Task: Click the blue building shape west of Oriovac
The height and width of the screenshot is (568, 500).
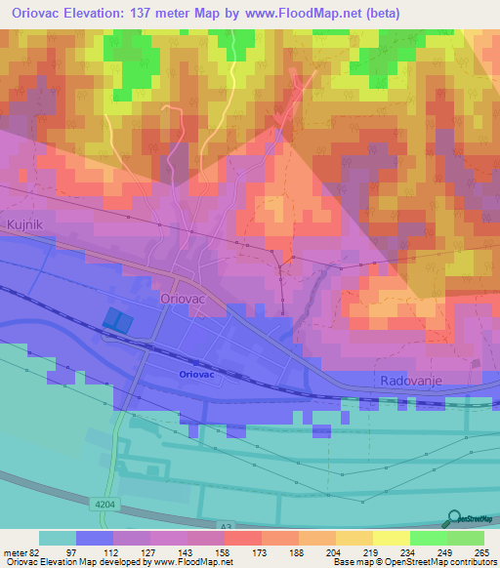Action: (116, 321)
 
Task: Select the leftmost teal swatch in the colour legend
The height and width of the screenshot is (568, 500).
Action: (57, 538)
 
